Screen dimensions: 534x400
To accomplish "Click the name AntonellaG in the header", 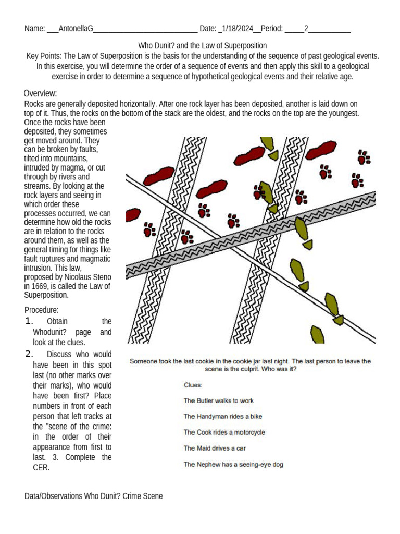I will (76, 29).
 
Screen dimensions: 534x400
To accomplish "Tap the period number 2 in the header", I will (306, 29).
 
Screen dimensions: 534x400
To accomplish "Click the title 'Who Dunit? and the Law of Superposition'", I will (202, 46).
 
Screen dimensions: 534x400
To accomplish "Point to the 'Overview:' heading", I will (40, 93).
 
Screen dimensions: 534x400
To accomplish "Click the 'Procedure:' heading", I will (42, 310).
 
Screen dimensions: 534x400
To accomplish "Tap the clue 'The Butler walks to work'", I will (218, 400).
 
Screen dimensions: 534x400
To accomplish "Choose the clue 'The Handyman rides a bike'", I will (222, 416).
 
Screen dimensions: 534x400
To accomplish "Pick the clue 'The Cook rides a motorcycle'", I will (224, 432).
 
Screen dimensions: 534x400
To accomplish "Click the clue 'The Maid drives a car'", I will (215, 448).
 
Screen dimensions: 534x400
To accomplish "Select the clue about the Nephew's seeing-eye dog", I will (233, 464).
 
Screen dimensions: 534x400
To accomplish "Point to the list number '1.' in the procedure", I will (29, 321).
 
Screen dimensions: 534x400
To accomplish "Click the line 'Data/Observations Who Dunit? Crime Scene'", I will (94, 496).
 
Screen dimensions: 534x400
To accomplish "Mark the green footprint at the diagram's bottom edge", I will (317, 334).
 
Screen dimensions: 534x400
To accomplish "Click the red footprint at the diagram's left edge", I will (133, 214).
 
